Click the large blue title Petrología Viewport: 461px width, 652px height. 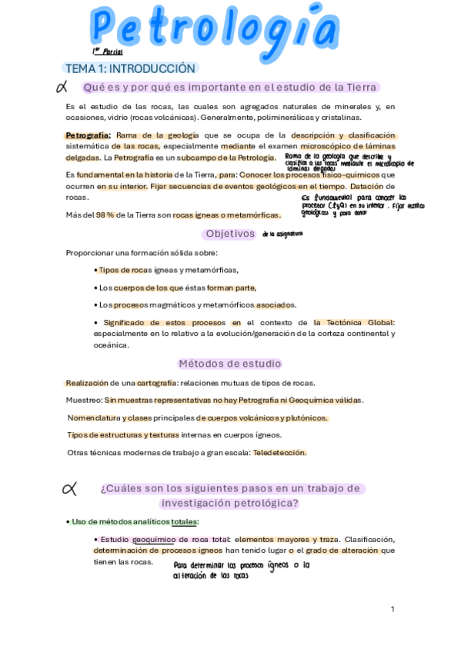[x=215, y=29]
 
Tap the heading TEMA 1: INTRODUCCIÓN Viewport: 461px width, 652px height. [x=132, y=68]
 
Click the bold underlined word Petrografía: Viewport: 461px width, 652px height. [x=89, y=135]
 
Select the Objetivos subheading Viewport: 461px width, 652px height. [x=230, y=233]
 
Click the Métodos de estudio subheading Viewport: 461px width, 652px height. [x=230, y=364]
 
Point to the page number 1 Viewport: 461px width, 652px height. [x=393, y=609]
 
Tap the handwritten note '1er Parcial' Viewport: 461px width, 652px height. [x=108, y=52]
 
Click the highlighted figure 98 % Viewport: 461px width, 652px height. [x=105, y=215]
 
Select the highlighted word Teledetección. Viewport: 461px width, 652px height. [x=279, y=452]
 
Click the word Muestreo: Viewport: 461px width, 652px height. [x=84, y=400]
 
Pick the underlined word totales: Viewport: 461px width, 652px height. [x=185, y=521]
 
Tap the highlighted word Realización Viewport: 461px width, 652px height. [x=87, y=382]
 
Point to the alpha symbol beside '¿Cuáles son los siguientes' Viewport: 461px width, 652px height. [x=68, y=487]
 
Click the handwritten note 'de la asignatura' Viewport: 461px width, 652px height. [x=282, y=233]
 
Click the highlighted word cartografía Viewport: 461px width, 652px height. [x=157, y=382]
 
